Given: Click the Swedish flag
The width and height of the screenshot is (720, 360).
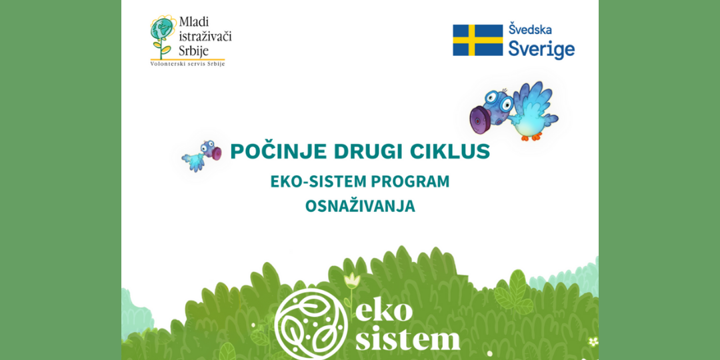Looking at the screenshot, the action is coord(477,40).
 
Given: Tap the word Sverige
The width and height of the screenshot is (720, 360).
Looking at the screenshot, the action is coord(541,49).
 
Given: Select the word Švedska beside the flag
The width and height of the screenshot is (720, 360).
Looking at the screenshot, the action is coord(530,29).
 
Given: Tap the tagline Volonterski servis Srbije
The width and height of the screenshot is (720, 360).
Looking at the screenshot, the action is coord(188,64).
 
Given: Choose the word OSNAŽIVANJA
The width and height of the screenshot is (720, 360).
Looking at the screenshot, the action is coord(360,206).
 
